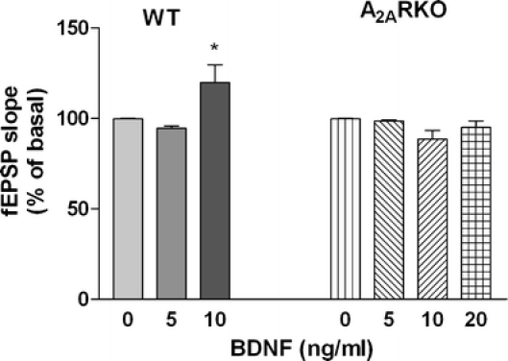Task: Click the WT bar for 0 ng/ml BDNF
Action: [x=127, y=208]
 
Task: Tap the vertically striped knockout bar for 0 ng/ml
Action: [x=345, y=208]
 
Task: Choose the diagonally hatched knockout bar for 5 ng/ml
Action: [x=388, y=209]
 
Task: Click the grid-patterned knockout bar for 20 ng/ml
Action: [x=474, y=213]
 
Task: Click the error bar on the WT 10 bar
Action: [x=218, y=73]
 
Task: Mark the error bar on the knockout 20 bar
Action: [x=474, y=124]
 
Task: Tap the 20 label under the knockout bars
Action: [x=474, y=319]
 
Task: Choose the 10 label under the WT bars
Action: [x=218, y=319]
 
